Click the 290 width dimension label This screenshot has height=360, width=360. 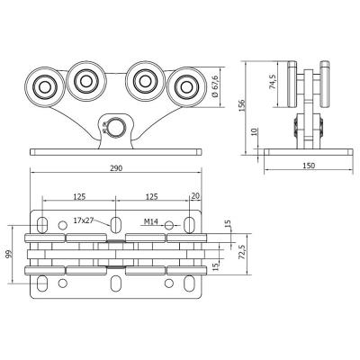(116, 168)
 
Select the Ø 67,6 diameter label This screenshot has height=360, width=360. (216, 86)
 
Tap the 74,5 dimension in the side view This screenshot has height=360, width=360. (273, 82)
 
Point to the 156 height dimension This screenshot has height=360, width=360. (242, 105)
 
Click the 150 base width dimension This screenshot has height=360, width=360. (309, 166)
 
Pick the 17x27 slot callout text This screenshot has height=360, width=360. (83, 220)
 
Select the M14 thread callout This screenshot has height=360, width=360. (150, 221)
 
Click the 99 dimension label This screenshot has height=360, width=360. (10, 255)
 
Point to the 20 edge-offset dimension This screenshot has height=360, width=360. (195, 196)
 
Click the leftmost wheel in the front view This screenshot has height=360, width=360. (45, 87)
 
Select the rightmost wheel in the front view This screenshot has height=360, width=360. (186, 87)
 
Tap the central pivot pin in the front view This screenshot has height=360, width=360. (115, 127)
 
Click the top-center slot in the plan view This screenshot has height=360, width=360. (115, 224)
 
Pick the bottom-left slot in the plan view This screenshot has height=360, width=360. (42, 283)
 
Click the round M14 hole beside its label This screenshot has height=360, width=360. (169, 225)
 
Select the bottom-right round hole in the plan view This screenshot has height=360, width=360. (169, 283)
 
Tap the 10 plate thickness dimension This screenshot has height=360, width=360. (254, 131)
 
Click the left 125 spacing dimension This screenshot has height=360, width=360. (79, 196)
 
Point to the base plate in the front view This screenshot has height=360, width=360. (115, 152)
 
